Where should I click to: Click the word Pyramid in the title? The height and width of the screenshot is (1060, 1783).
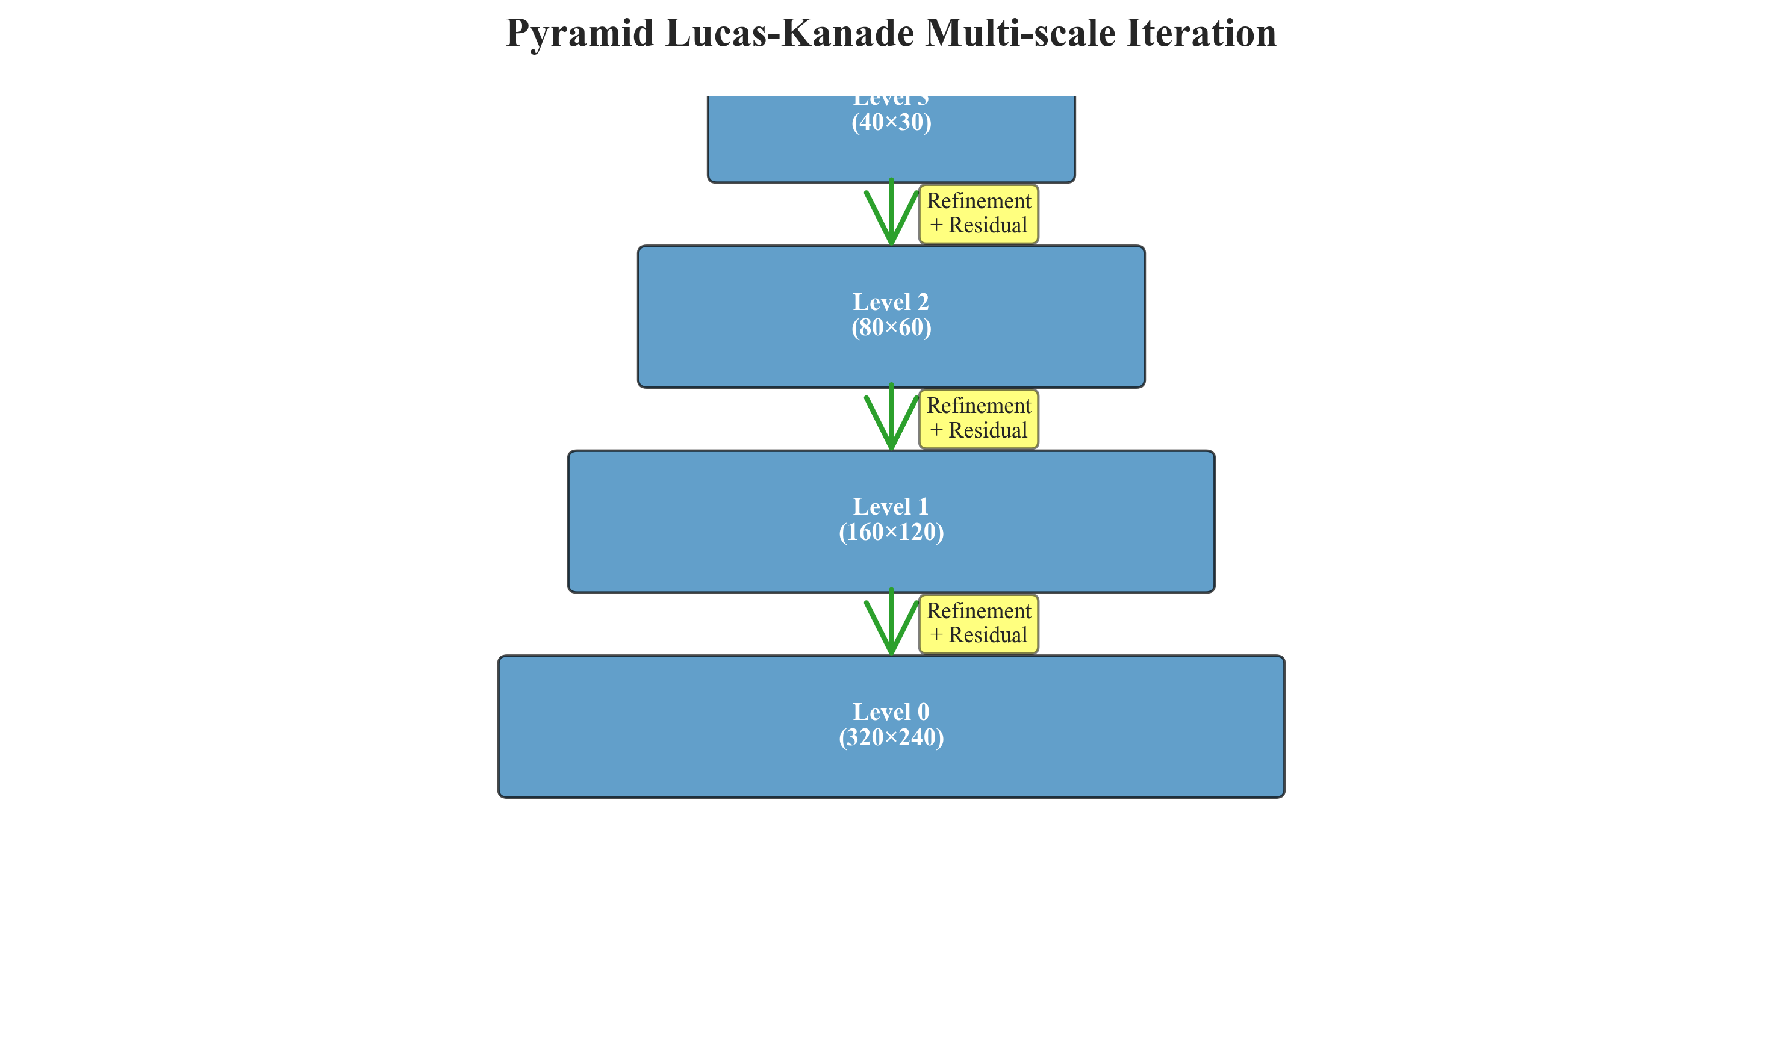579,33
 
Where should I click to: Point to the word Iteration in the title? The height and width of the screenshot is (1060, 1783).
1201,33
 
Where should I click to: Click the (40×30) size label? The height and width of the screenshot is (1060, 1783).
891,122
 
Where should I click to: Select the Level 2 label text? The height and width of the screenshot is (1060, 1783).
891,302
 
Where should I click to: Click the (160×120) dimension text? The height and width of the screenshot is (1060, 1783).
891,532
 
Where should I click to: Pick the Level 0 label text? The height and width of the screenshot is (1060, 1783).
891,711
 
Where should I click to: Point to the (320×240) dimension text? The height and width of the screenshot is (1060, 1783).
891,737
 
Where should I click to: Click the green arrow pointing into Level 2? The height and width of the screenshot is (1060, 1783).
891,214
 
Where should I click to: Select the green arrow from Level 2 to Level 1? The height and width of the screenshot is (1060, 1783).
891,420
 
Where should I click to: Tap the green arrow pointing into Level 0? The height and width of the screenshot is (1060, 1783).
891,624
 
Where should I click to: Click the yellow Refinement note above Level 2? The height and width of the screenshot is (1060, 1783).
978,214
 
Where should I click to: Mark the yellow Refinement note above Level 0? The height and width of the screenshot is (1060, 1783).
978,624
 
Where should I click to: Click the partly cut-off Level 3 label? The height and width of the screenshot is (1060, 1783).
891,101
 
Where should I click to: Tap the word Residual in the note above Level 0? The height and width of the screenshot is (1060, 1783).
987,635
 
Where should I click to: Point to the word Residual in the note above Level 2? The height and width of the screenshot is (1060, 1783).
987,225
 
